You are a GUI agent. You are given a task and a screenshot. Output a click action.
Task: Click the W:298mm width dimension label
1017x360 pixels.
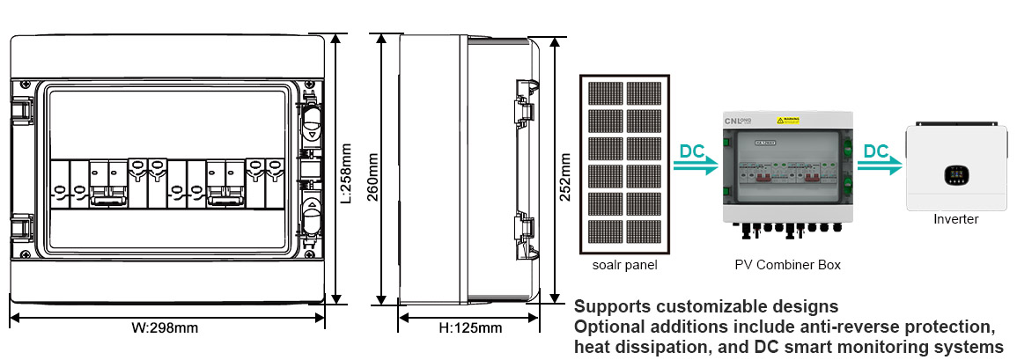165,328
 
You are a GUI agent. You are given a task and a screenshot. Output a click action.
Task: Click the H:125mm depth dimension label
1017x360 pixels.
470,328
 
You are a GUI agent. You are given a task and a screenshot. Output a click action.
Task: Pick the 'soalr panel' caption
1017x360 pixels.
624,264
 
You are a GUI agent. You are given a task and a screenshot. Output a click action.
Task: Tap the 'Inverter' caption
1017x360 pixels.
955,219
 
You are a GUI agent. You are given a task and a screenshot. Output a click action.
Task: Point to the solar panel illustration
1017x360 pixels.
625,164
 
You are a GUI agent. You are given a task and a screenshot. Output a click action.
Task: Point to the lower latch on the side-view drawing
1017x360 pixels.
525,230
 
